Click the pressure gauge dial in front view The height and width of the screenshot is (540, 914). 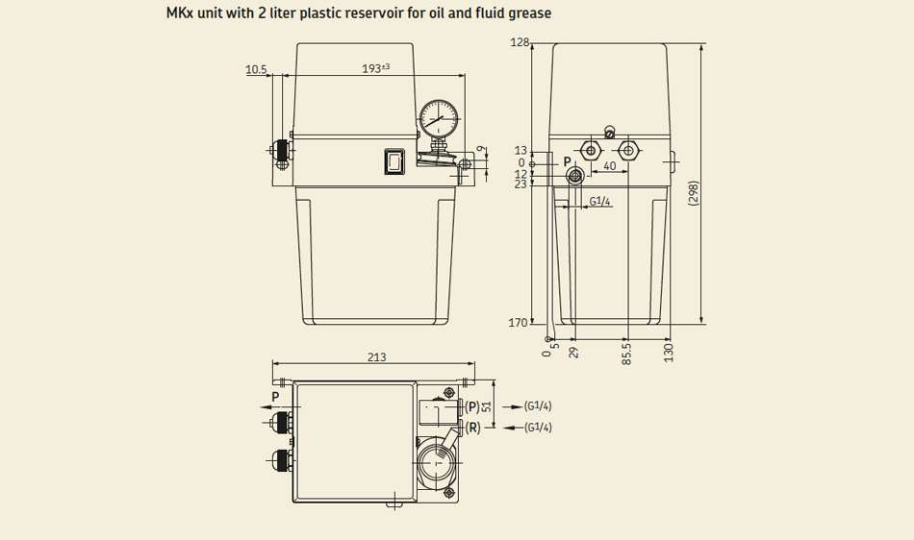439,119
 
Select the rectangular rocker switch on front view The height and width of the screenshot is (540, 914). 394,160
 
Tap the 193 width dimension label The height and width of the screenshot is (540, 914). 376,68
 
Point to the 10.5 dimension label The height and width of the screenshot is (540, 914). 256,70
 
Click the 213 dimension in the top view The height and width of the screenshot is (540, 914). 376,356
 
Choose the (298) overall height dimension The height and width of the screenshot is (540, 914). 693,192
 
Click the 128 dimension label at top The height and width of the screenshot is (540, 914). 520,42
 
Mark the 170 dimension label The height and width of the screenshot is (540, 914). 518,323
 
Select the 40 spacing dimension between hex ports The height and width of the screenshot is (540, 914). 610,166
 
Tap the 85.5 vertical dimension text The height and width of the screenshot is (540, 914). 626,354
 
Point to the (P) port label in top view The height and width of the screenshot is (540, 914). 472,406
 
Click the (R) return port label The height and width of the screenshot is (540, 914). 472,428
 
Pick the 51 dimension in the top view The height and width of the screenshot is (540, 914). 488,406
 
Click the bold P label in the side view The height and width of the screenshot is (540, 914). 568,161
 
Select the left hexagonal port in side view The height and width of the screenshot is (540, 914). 591,151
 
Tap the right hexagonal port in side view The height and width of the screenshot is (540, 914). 628,151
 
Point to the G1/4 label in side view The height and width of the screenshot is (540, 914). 599,202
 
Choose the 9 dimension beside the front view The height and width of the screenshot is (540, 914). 480,149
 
